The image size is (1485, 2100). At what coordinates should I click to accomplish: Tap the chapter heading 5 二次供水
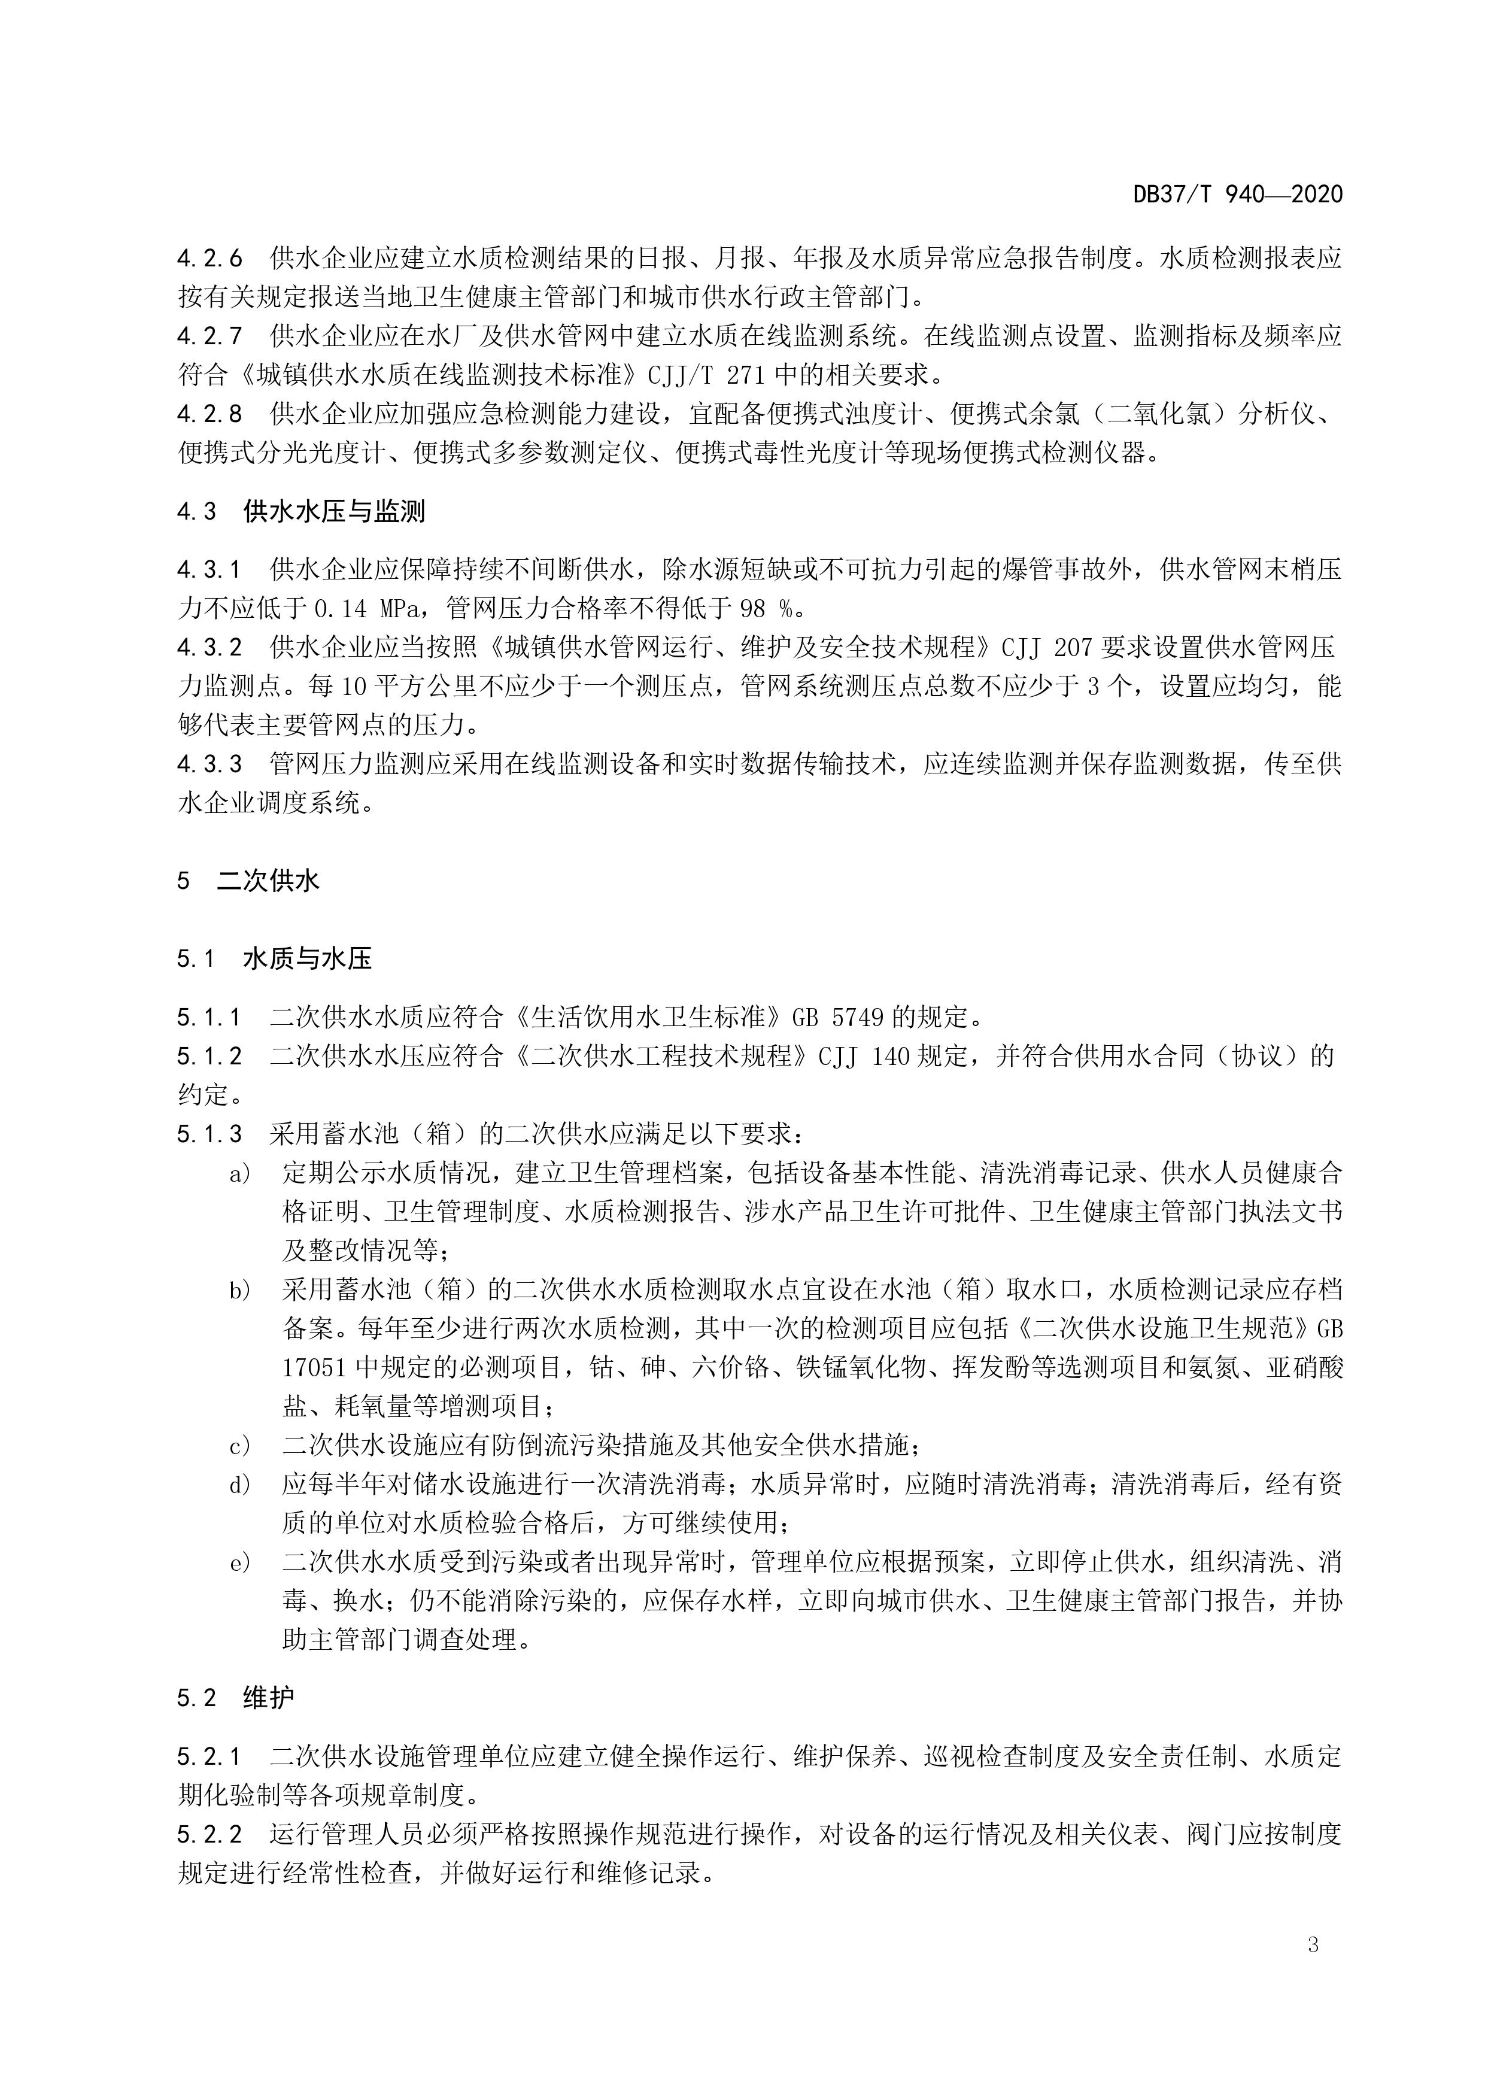(x=249, y=881)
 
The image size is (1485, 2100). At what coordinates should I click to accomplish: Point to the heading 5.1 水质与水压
(x=275, y=958)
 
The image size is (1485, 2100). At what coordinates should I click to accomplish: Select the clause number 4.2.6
(x=210, y=259)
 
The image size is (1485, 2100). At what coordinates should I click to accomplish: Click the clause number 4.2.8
(x=210, y=414)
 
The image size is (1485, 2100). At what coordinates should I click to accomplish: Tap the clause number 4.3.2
(x=210, y=648)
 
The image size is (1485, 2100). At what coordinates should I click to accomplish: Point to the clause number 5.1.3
(x=210, y=1134)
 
